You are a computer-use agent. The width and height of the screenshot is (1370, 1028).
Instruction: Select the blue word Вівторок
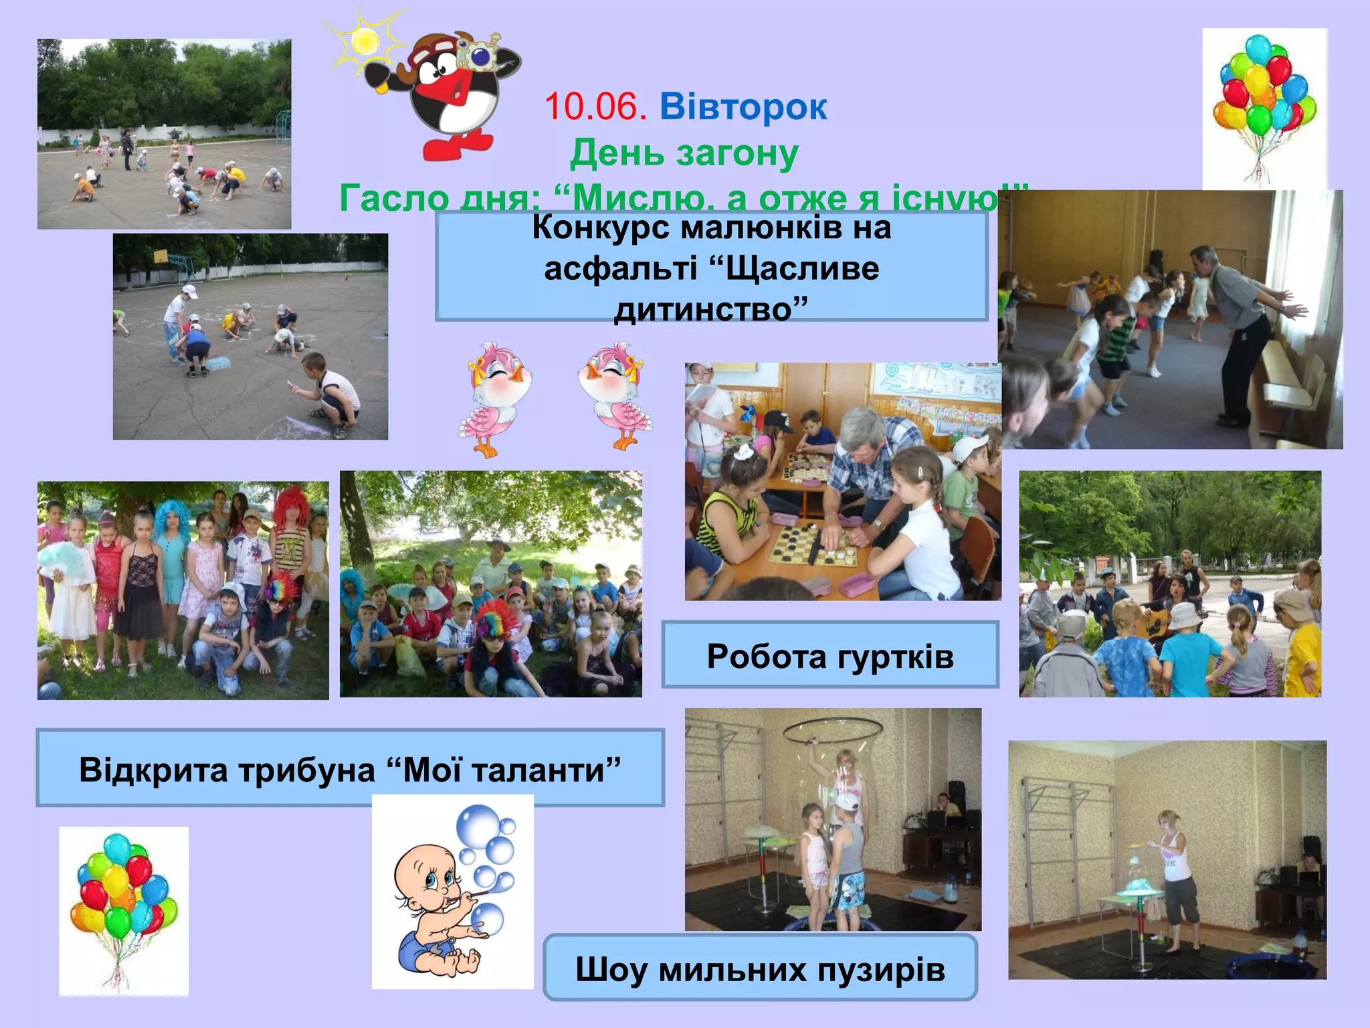(x=743, y=107)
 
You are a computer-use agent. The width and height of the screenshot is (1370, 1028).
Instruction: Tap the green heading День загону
(x=684, y=153)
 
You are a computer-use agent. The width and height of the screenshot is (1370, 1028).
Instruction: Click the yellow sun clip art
(x=365, y=41)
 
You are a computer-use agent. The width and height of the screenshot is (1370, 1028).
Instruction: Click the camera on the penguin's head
(x=480, y=54)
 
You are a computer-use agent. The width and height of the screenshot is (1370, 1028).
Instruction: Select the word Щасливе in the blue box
(x=802, y=269)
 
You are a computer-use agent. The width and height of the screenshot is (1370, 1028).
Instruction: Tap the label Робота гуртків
(x=830, y=656)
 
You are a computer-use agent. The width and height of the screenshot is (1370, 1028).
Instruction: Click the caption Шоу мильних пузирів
(x=760, y=969)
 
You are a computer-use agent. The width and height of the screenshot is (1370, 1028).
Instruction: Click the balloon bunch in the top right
(x=1264, y=100)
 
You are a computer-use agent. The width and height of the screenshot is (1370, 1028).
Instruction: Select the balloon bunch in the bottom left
(x=123, y=904)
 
